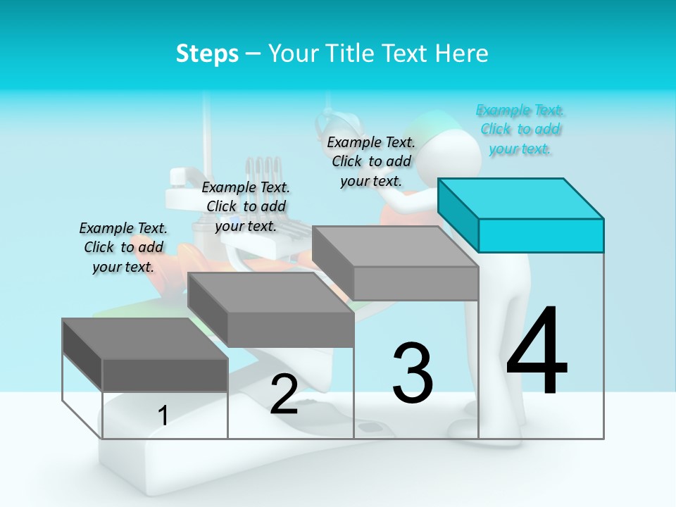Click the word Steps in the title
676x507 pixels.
point(207,54)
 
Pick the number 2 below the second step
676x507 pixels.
point(284,394)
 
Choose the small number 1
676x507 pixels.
point(163,415)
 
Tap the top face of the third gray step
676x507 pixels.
point(395,246)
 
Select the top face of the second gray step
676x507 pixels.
point(270,292)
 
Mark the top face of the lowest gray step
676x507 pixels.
point(145,338)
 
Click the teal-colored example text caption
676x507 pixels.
point(520,130)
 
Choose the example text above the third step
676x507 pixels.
point(371,161)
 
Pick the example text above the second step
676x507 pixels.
point(246,206)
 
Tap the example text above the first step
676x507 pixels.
point(123,247)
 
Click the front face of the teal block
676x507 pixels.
point(541,235)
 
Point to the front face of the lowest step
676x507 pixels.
point(165,375)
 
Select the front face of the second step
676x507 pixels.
point(290,330)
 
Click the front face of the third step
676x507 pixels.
point(415,284)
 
